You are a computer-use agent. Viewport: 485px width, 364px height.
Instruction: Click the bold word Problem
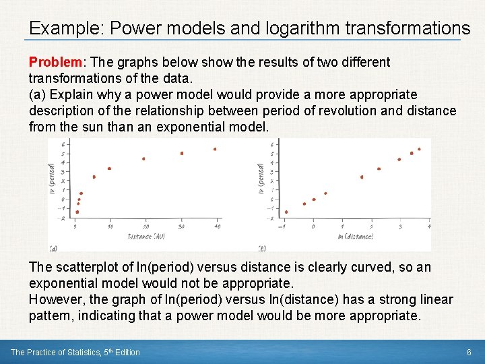pyautogui.click(x=55, y=62)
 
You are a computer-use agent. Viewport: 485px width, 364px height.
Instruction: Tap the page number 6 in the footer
pyautogui.click(x=469, y=352)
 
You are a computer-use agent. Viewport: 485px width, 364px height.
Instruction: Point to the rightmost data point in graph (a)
pyautogui.click(x=215, y=149)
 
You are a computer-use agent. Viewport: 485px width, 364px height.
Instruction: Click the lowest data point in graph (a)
pyautogui.click(x=77, y=212)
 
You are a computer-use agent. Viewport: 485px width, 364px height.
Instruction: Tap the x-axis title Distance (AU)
pyautogui.click(x=145, y=236)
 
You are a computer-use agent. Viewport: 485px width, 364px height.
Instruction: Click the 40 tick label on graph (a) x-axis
pyautogui.click(x=217, y=226)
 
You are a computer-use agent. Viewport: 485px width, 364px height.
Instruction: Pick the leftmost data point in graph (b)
pyautogui.click(x=286, y=212)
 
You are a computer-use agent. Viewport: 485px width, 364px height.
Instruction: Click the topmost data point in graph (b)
pyautogui.click(x=419, y=149)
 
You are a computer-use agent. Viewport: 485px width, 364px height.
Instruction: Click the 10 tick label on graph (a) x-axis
pyautogui.click(x=110, y=226)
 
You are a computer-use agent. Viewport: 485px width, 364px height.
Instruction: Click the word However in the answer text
pyautogui.click(x=56, y=299)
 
